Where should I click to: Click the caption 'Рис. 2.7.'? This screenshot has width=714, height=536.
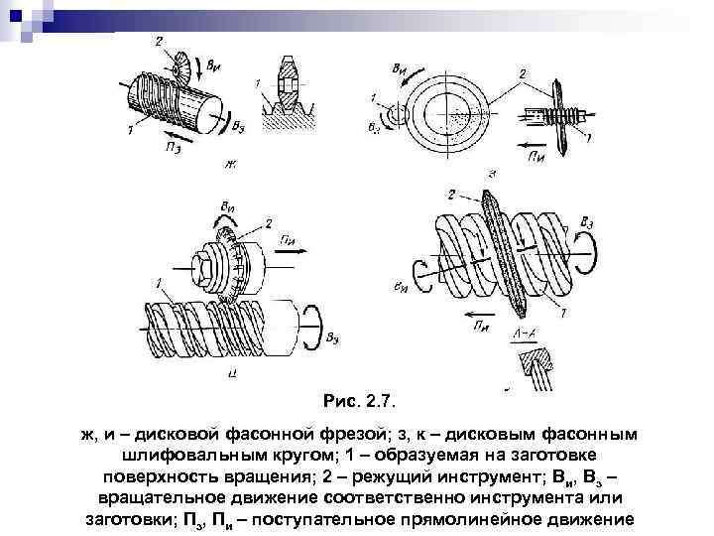[359, 402]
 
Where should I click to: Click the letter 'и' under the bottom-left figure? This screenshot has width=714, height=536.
[230, 373]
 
